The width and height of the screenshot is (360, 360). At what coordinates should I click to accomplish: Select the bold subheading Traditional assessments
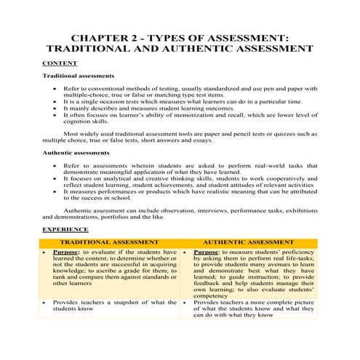pyautogui.click(x=78, y=76)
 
